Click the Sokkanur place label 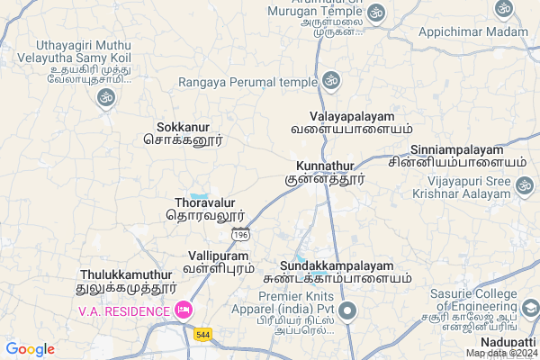(x=183, y=133)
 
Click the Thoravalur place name (x=204, y=209)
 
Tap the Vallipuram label (x=219, y=262)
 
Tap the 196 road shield (x=240, y=234)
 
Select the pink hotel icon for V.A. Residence (x=184, y=310)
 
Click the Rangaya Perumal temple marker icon (x=332, y=81)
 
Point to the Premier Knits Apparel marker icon (x=348, y=312)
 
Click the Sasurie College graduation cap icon (x=530, y=309)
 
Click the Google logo (x=30, y=349)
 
